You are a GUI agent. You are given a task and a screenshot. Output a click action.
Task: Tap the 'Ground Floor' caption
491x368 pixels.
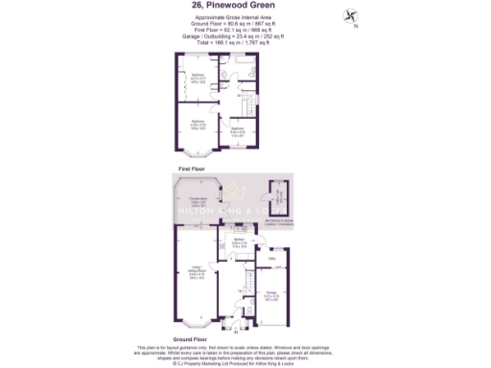tap(192, 339)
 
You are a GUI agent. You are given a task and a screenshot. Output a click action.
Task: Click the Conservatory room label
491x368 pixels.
tap(198, 203)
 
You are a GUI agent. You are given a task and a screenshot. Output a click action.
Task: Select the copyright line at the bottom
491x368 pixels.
tap(245, 363)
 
